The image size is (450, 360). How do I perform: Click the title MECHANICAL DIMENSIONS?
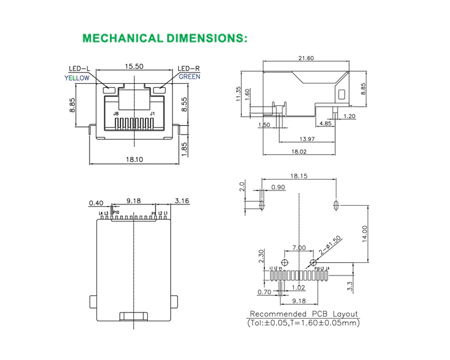point(164,38)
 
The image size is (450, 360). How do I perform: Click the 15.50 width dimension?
point(133,65)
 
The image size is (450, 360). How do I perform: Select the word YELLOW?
point(77,78)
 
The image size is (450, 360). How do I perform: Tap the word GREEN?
point(189,77)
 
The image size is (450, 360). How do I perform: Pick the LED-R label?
point(189,69)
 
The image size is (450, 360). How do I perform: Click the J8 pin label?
point(116,114)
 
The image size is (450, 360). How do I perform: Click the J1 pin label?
point(152,114)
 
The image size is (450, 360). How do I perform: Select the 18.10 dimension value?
point(135,160)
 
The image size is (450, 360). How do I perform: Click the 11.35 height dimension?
point(238,93)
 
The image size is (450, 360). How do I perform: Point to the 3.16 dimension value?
point(182,201)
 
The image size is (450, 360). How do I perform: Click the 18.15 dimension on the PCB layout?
point(299,176)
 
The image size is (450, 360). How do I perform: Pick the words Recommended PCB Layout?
point(303,314)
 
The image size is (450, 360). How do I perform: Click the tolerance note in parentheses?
point(303,323)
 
